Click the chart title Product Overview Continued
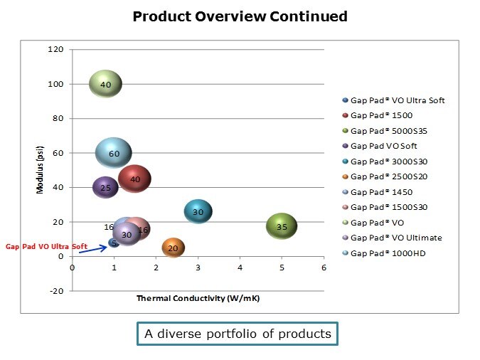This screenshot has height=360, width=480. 240,16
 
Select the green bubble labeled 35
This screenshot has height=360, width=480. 282,227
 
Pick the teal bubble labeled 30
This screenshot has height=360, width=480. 198,211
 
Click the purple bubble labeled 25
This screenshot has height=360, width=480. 105,188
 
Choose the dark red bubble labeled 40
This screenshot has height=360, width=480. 134,179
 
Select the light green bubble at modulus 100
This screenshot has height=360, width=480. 105,85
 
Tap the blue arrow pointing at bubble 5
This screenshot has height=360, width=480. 92,249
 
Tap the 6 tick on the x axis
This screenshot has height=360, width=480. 324,268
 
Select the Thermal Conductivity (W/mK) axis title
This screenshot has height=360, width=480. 198,298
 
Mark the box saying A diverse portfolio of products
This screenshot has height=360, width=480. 238,334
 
